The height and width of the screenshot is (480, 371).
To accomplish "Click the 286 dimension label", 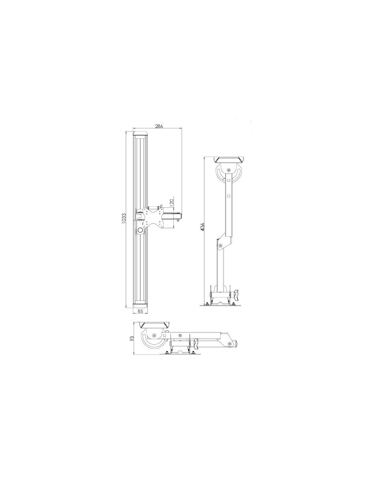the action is coord(159,126).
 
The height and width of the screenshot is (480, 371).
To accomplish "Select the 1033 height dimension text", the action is coord(124,218).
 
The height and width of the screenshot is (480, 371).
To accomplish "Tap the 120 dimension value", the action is coord(172,202).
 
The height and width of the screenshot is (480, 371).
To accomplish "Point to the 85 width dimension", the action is coord(140,311).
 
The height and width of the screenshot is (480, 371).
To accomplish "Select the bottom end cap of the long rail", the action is coord(140,305).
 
